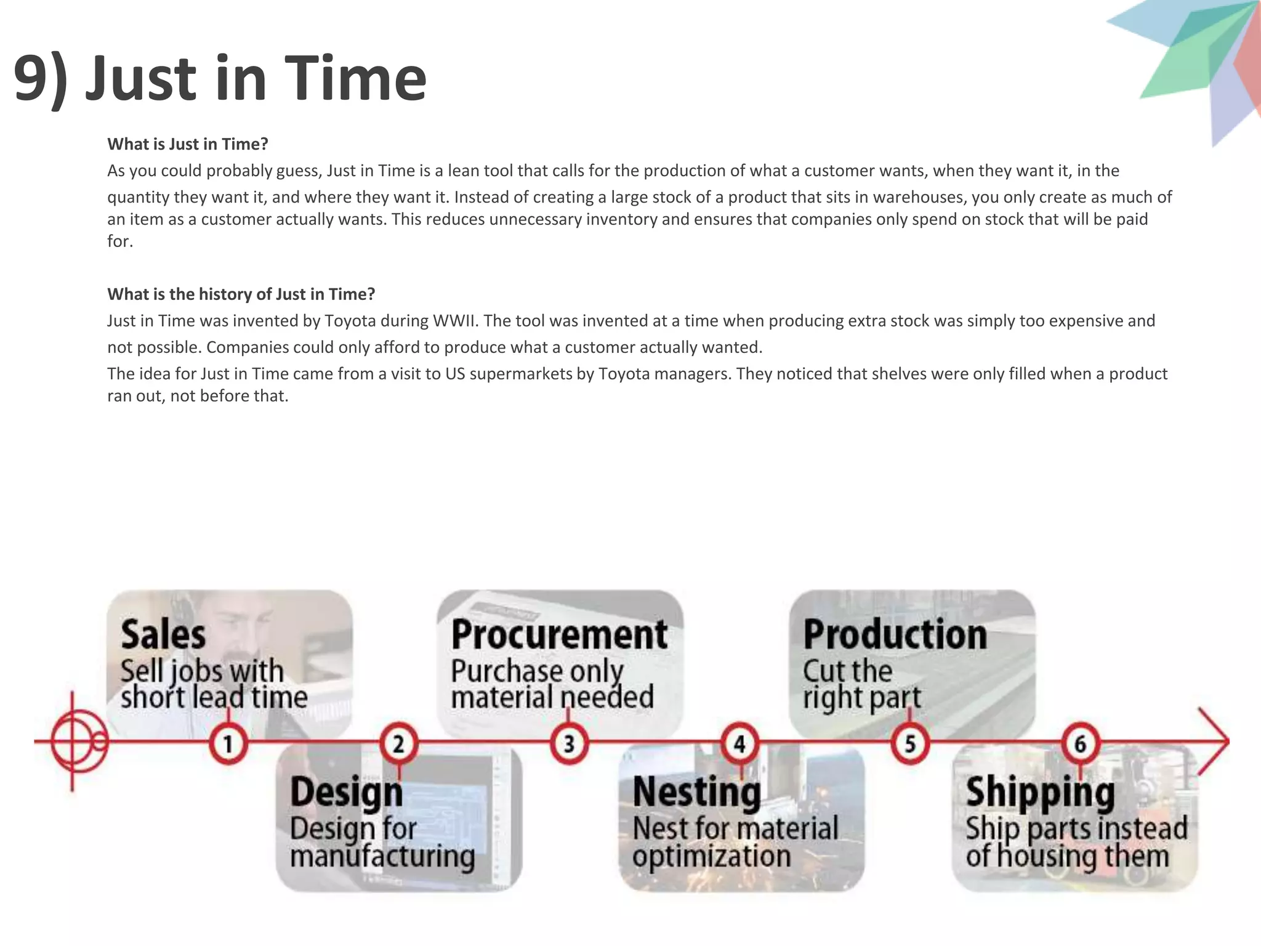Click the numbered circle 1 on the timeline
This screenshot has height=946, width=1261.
click(x=228, y=744)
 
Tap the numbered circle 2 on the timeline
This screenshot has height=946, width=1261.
click(x=398, y=743)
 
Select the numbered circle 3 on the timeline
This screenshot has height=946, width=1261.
click(x=569, y=744)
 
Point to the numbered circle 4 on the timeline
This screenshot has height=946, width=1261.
click(x=739, y=743)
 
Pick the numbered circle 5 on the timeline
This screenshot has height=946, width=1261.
click(x=910, y=744)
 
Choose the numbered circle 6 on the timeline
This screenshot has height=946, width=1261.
click(x=1080, y=743)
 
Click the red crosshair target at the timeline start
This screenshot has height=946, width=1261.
click(x=73, y=742)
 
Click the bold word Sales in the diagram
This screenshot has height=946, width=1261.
click(x=163, y=635)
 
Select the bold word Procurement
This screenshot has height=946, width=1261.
click(x=559, y=635)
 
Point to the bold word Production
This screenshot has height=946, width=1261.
click(x=895, y=635)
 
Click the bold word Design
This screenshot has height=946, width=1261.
click(x=346, y=793)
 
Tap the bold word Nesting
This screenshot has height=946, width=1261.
click(x=696, y=793)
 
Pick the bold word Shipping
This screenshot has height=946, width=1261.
click(x=1040, y=793)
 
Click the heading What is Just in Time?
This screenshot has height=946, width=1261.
click(x=188, y=144)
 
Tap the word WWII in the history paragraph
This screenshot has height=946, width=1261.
click(x=455, y=321)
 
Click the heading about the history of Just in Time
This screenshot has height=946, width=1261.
click(x=241, y=294)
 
